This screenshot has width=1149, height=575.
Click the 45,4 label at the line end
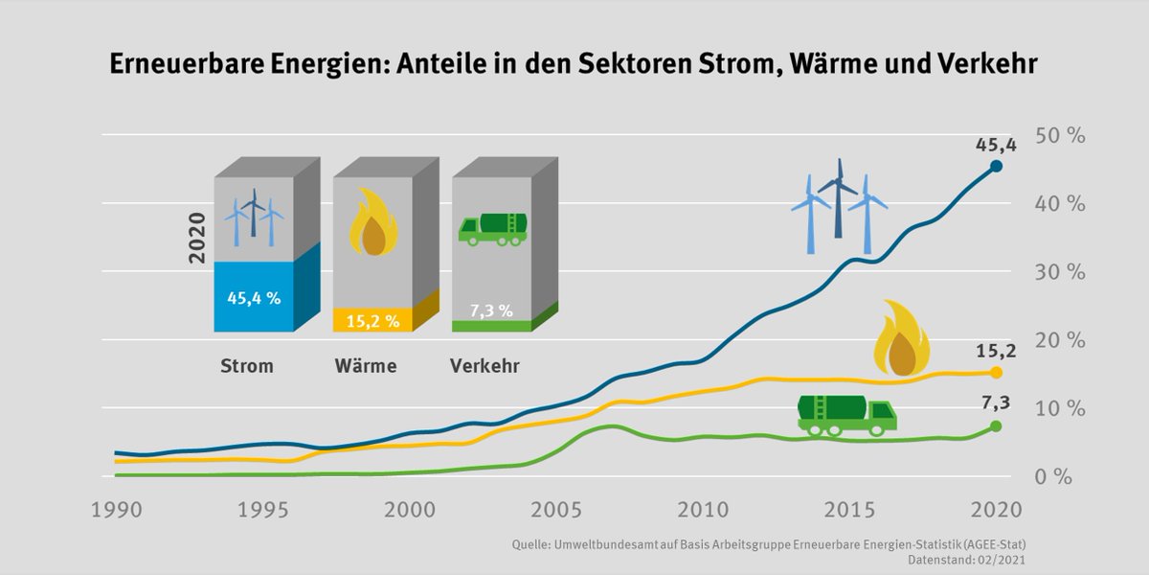996,145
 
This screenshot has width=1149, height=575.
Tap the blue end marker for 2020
996,166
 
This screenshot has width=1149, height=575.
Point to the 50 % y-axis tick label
1061,135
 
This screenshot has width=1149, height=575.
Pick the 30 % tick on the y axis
1061,272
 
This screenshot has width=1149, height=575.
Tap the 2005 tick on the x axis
555,508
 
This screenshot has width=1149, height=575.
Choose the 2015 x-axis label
849,508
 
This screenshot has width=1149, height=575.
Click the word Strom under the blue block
247,366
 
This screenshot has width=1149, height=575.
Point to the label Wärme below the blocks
366,366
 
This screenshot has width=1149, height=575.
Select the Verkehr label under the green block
485,366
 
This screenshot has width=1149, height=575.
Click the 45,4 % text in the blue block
254,298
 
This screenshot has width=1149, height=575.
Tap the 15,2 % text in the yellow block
372,321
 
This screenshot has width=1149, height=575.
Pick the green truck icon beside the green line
846,413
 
